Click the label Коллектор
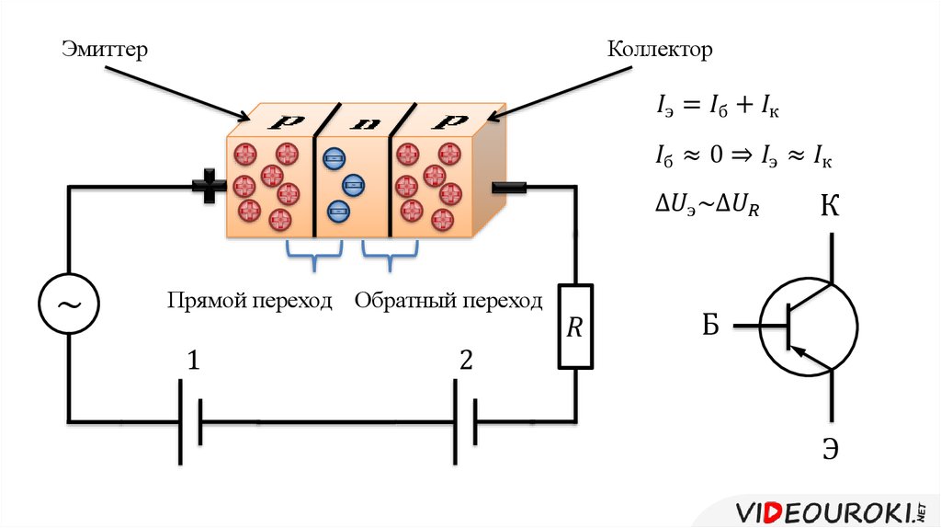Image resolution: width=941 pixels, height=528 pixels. pyautogui.click(x=659, y=49)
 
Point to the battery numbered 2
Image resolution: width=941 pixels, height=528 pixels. pyautogui.click(x=466, y=422)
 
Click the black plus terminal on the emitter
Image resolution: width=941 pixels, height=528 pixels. pyautogui.click(x=210, y=188)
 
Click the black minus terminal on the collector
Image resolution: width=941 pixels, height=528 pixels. pyautogui.click(x=509, y=188)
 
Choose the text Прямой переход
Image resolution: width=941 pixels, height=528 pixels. pyautogui.click(x=249, y=301)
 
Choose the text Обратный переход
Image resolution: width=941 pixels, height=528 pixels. pyautogui.click(x=449, y=301)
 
